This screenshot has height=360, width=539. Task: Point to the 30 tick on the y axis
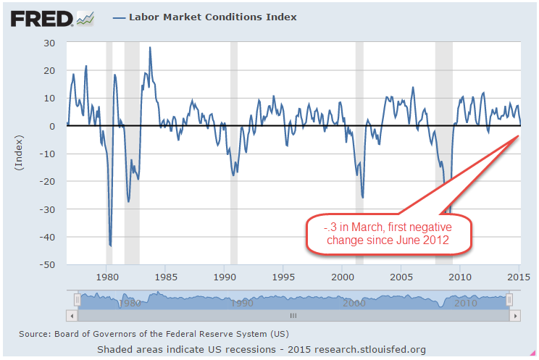click(49, 43)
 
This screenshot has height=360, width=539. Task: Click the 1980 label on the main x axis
click(106, 276)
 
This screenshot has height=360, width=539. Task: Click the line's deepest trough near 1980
click(110, 246)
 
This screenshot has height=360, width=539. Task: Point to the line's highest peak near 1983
click(150, 48)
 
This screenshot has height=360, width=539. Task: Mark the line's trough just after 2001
click(362, 197)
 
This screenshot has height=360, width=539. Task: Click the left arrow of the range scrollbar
click(70, 316)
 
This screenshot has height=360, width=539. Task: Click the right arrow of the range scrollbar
click(515, 316)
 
